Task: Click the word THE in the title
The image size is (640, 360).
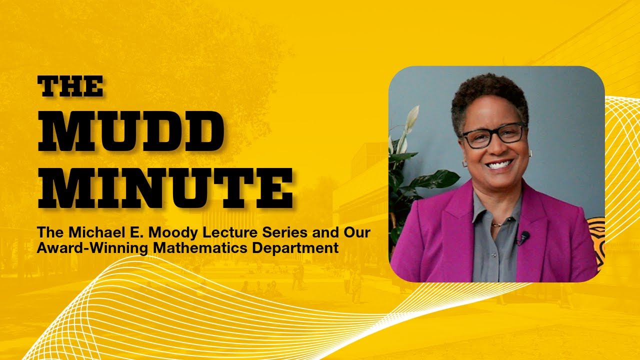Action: pos(71,86)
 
